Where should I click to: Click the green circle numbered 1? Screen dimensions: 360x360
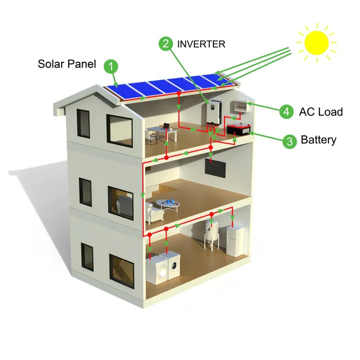click(x=111, y=66)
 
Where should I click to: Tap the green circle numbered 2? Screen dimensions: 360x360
click(x=166, y=43)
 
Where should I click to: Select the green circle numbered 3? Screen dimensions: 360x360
click(x=290, y=141)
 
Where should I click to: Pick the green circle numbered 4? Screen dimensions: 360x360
click(x=286, y=111)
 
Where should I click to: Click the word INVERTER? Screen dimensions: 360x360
click(x=201, y=44)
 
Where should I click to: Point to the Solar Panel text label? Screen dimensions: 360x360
click(x=67, y=64)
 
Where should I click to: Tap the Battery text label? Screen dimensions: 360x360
click(x=319, y=140)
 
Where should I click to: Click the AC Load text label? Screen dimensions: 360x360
click(x=321, y=112)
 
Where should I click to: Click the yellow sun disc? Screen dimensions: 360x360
click(x=316, y=42)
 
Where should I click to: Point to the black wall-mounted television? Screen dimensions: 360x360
click(x=215, y=168)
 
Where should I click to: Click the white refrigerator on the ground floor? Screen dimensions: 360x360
click(x=235, y=241)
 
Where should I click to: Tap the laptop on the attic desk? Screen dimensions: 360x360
click(x=166, y=126)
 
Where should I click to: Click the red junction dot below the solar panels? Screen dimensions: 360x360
click(x=178, y=93)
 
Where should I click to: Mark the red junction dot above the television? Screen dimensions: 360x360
click(x=210, y=147)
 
